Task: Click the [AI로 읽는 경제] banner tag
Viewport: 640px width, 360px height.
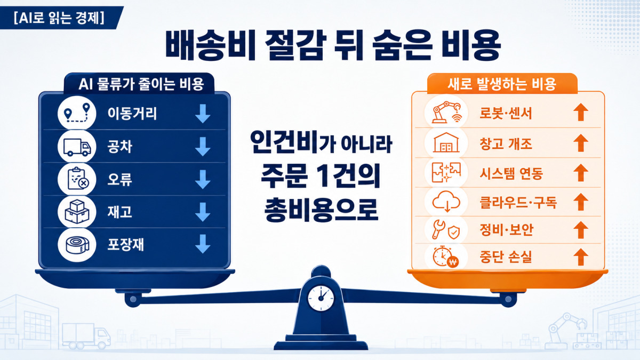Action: click(59, 18)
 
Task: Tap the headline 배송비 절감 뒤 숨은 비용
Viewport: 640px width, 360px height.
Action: click(333, 46)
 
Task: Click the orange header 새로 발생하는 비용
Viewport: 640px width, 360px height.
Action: click(502, 84)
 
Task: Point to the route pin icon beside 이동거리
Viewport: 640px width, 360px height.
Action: click(77, 113)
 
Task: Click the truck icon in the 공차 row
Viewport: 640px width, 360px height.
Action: click(77, 147)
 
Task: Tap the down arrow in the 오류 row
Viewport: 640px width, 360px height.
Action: click(203, 179)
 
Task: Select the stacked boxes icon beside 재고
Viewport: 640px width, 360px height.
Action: click(77, 212)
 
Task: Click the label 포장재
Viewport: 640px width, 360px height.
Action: click(125, 245)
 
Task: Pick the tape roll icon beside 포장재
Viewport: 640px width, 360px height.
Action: click(77, 245)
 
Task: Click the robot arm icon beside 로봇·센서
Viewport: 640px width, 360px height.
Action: click(446, 113)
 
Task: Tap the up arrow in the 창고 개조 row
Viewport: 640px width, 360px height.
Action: click(581, 143)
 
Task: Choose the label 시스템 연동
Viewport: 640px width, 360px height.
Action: click(511, 173)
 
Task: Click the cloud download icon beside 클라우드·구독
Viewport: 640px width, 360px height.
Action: click(446, 201)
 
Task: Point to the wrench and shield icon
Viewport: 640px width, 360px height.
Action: click(446, 230)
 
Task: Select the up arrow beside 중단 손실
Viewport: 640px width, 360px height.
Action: click(581, 257)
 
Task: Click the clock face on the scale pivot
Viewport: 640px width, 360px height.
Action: click(321, 298)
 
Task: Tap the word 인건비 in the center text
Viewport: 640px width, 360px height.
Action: click(284, 142)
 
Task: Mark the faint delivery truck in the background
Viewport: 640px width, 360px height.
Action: click(86, 337)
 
